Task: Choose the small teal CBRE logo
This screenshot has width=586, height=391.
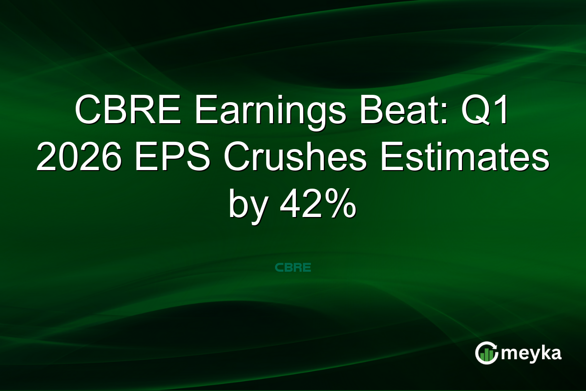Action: pyautogui.click(x=293, y=268)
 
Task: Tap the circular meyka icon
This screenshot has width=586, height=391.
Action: pyautogui.click(x=486, y=353)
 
